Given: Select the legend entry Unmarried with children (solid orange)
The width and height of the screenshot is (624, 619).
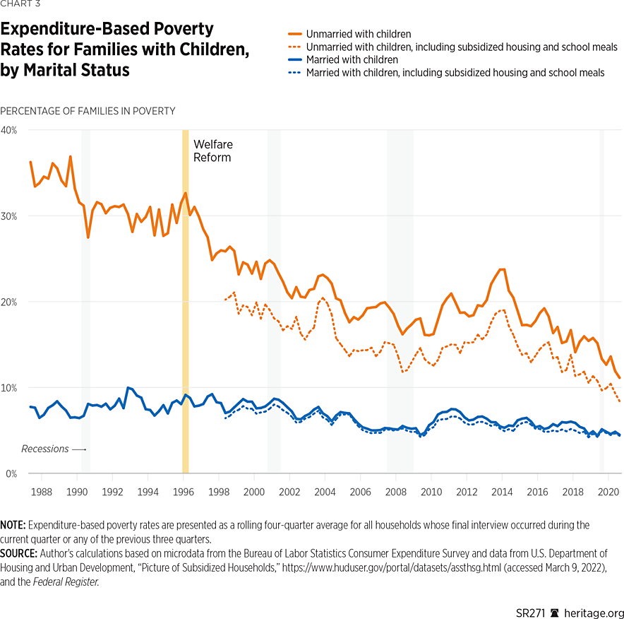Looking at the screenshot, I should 359,34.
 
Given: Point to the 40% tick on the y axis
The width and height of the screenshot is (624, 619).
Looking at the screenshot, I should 10,131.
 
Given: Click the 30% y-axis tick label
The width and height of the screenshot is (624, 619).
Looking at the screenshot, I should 10,216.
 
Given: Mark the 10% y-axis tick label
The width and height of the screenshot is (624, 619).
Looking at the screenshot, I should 10,388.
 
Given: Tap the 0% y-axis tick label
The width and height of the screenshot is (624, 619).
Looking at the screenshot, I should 12,473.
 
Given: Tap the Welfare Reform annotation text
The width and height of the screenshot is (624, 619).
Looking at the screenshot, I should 212,151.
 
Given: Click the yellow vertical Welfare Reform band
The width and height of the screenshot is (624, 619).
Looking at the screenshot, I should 186,318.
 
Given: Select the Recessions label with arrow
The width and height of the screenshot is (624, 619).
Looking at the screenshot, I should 53,449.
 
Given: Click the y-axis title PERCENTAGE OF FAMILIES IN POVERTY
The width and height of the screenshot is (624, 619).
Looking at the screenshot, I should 88,111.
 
